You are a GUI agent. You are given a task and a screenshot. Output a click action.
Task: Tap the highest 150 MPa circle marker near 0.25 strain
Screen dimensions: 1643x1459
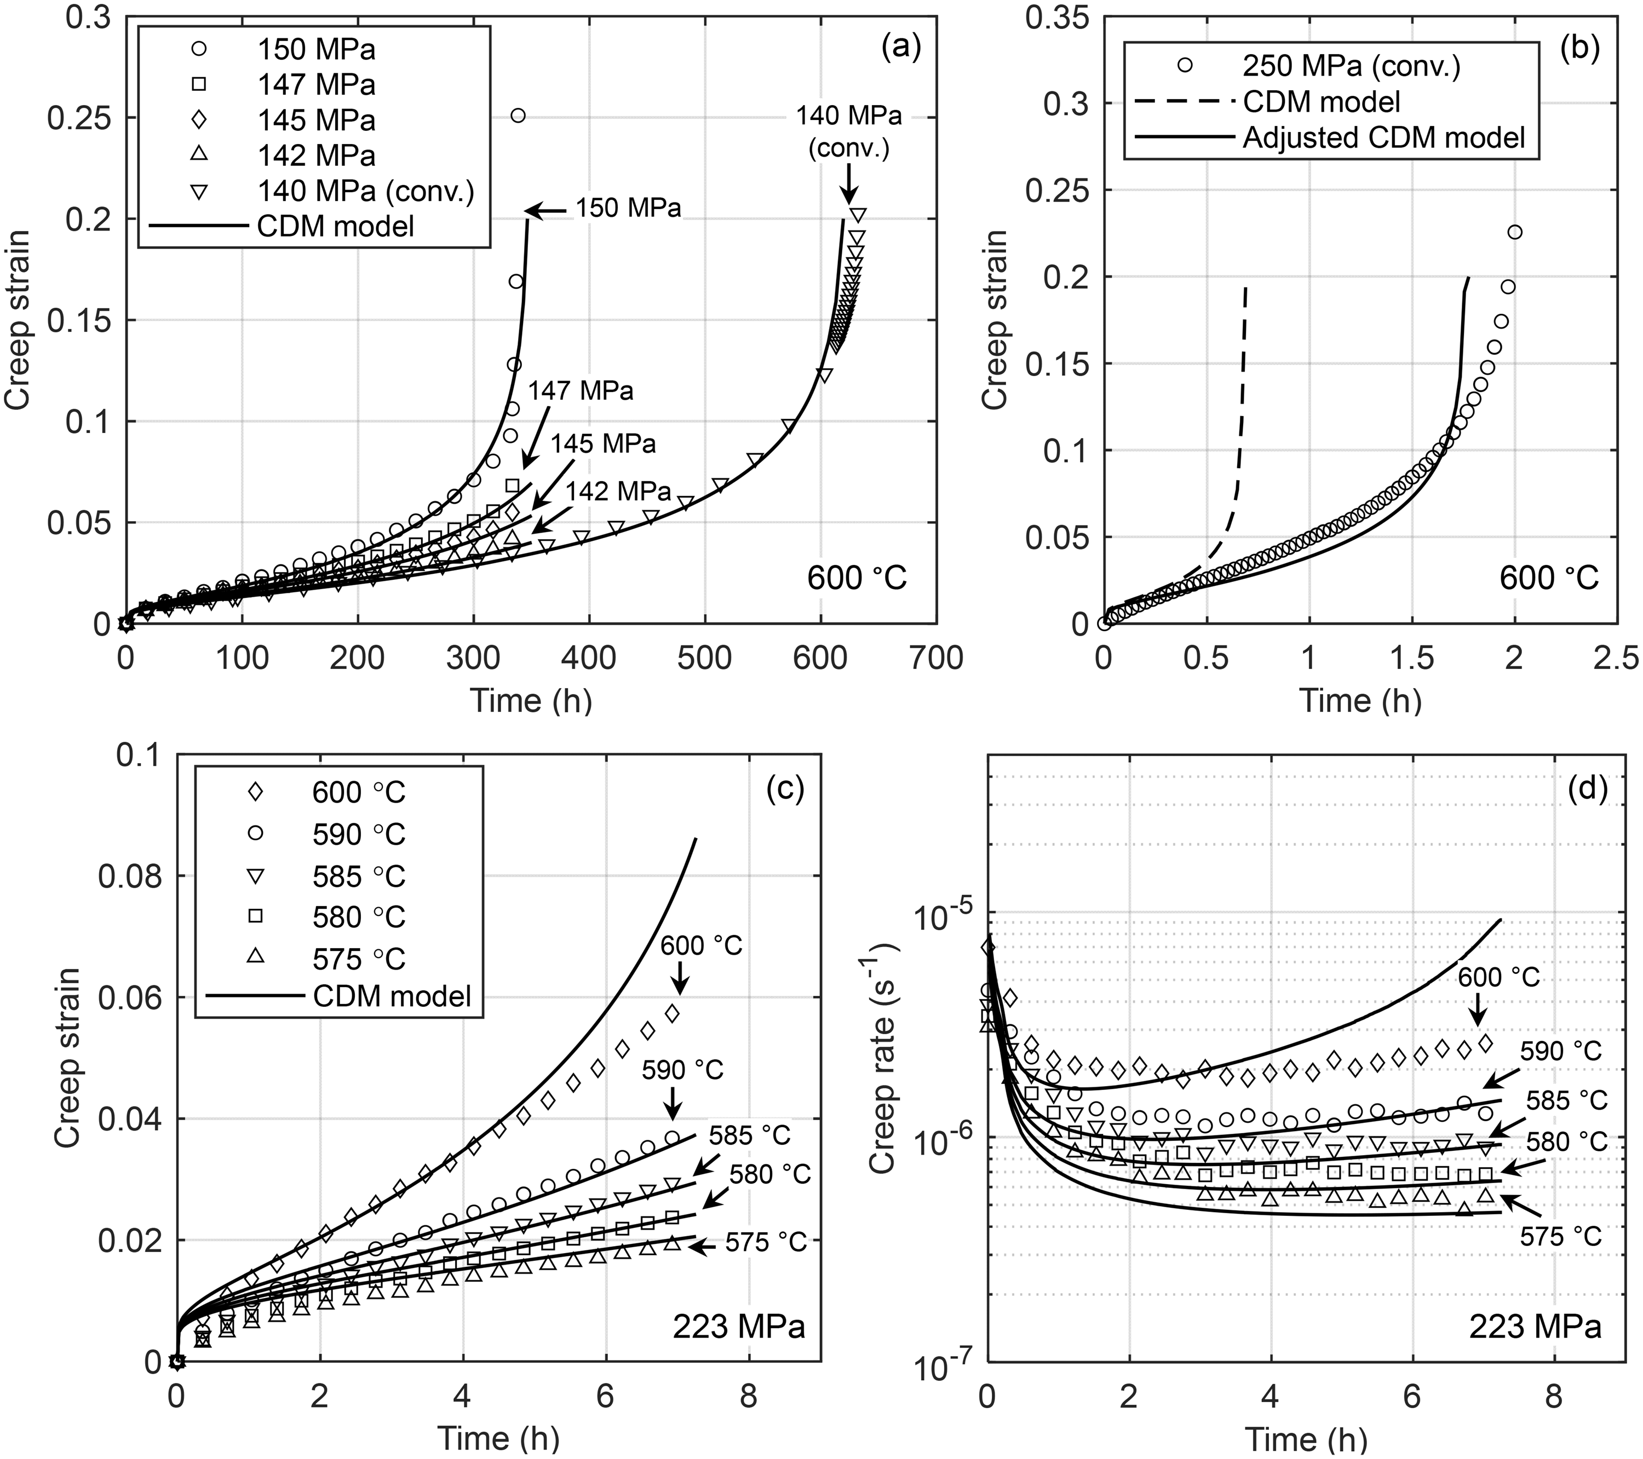519,116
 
